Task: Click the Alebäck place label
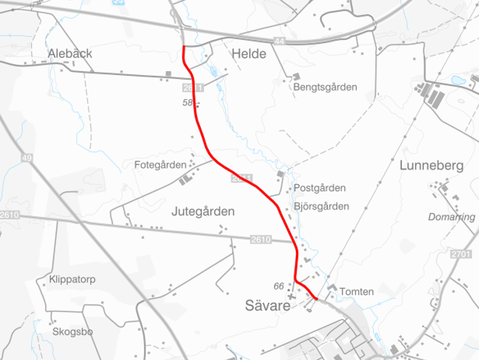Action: [70, 53]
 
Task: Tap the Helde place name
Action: [249, 54]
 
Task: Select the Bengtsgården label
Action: [325, 87]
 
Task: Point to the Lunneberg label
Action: [431, 166]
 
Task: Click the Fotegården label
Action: [160, 164]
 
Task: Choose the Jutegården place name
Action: [203, 212]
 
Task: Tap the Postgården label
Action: [319, 188]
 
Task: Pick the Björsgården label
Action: [321, 206]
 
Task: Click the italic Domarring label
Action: [452, 217]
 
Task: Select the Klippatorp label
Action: [73, 279]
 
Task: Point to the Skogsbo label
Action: [73, 331]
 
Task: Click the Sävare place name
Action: [267, 306]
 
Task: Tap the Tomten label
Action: [357, 291]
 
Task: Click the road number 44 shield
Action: [279, 41]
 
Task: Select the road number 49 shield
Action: [27, 158]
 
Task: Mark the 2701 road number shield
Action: [460, 255]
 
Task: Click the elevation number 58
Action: [187, 103]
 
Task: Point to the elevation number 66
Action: [279, 286]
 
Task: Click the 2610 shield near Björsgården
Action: [261, 240]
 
